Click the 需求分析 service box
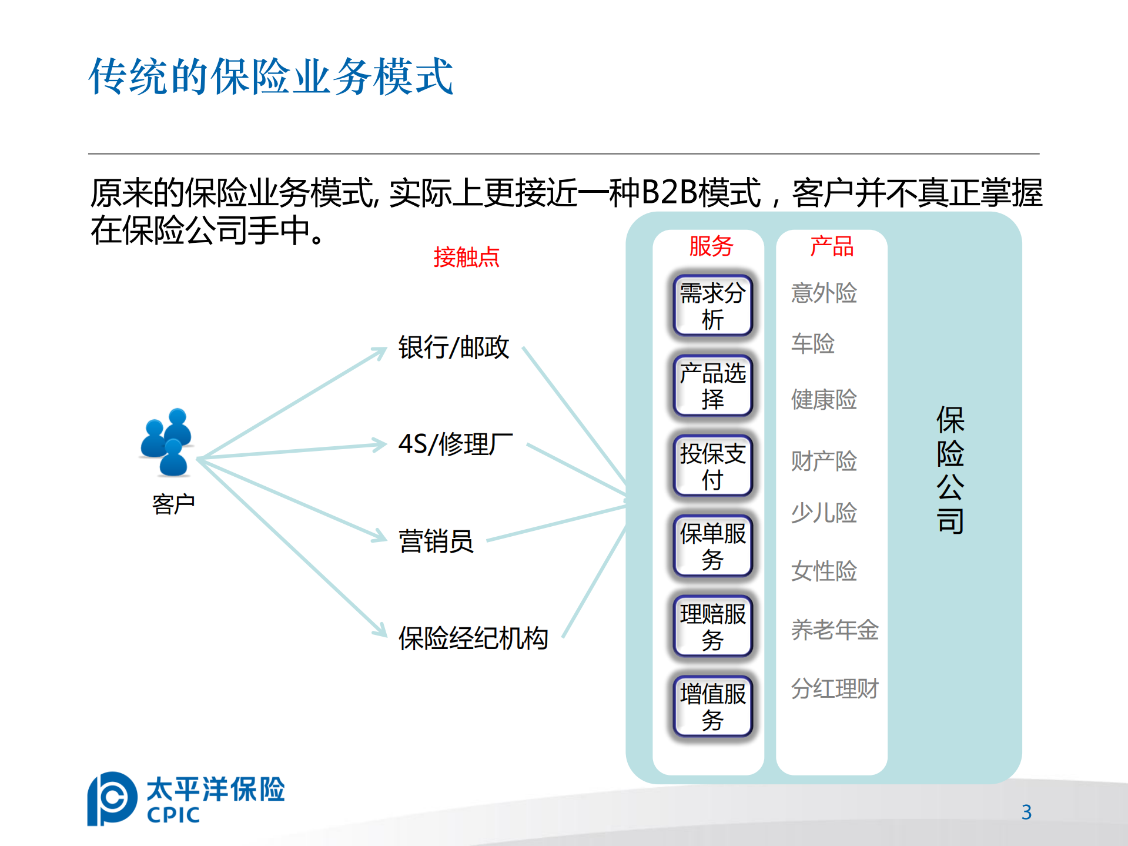[712, 306]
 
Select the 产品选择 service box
[712, 386]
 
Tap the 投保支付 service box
[712, 466]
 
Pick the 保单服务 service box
[712, 546]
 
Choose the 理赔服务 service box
[712, 626]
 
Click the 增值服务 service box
[712, 707]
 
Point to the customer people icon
[167, 442]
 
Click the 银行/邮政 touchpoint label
[453, 347]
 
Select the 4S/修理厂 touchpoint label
[455, 444]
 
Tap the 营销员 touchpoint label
[436, 541]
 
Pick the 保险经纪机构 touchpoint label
[473, 638]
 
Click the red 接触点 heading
[466, 258]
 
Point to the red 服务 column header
[711, 246]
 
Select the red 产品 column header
[831, 246]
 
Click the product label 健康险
[824, 400]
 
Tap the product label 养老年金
[834, 630]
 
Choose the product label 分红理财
[834, 688]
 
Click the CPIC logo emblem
[112, 798]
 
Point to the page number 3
[1026, 812]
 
